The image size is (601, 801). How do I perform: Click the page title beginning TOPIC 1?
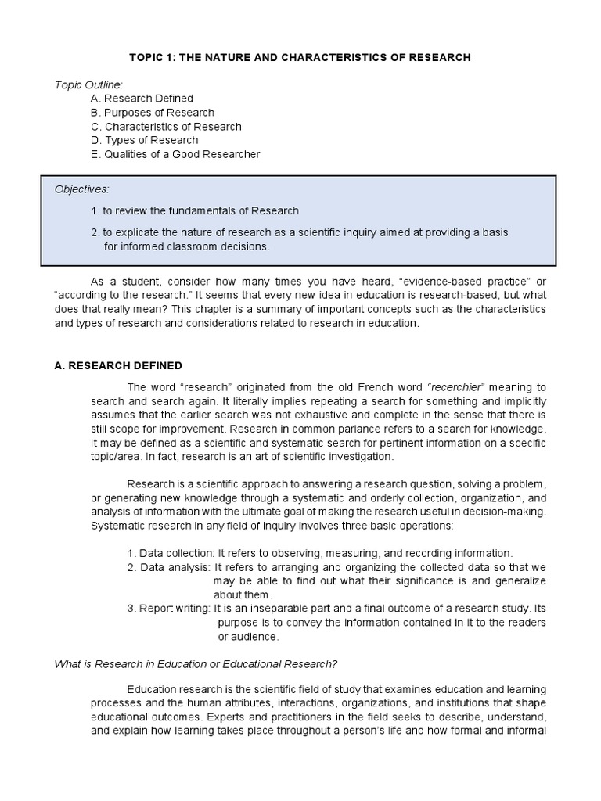point(300,58)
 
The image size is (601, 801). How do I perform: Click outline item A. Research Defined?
point(142,99)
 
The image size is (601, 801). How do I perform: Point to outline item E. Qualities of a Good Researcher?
point(175,154)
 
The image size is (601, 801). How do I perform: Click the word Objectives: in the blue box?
point(82,189)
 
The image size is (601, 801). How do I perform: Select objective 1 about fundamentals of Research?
point(195,210)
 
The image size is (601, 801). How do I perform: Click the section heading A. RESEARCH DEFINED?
point(117,365)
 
